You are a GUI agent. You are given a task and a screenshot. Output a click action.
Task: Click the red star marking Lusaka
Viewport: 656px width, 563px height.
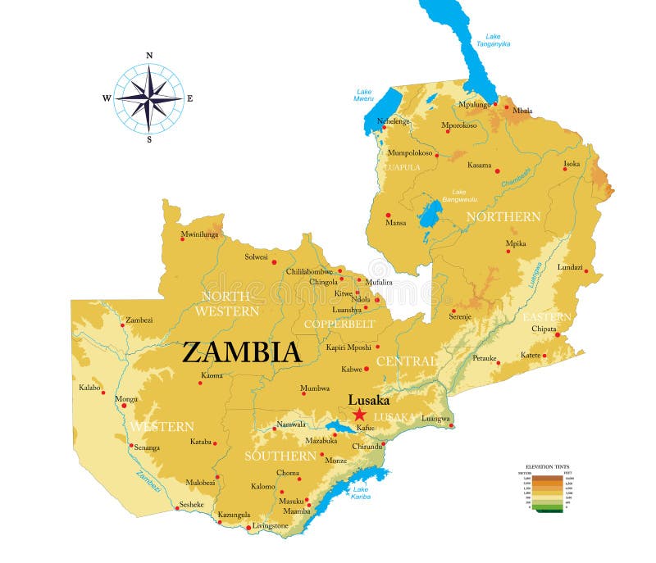[x=359, y=415]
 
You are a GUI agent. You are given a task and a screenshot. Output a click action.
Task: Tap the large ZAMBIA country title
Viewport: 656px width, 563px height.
[x=241, y=352]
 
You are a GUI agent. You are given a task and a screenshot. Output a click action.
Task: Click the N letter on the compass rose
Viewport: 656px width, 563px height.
[x=148, y=56]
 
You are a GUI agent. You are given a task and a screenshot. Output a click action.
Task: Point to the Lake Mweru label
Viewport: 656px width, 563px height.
[x=364, y=94]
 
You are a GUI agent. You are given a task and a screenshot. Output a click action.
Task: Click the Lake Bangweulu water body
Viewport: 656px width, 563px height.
[x=429, y=215]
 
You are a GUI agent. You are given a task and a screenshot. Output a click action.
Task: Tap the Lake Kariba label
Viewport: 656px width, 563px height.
[x=361, y=493]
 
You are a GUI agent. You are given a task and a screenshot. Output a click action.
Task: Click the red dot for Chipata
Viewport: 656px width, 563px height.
[x=557, y=334]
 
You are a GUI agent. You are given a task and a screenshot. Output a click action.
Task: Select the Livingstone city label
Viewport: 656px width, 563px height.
[x=271, y=525]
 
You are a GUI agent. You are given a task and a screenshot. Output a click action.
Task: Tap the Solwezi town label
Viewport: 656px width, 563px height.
[x=256, y=257]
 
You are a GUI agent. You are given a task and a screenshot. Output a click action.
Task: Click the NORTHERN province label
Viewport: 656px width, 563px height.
[x=503, y=216]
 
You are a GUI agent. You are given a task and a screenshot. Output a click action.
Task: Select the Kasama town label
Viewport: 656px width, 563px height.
[x=479, y=165]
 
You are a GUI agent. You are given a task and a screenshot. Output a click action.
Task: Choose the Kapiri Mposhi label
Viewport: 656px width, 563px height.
[x=348, y=347]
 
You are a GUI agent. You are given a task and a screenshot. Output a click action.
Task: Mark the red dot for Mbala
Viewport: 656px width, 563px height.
[x=507, y=107]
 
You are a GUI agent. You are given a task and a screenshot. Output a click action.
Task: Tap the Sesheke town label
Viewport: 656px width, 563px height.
[x=191, y=504]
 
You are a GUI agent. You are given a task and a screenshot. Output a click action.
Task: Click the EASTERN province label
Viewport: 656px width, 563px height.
[x=547, y=317]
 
